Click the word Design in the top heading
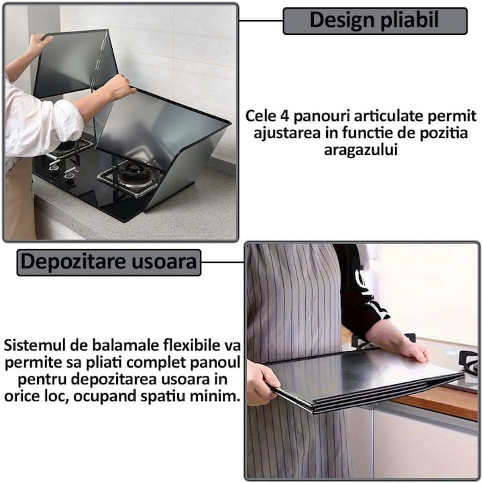click(x=342, y=21)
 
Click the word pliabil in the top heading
click(x=410, y=20)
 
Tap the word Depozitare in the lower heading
click(x=73, y=262)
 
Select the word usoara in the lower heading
click(x=164, y=262)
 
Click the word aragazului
click(x=361, y=150)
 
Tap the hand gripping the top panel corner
click(x=39, y=44)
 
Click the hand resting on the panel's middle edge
click(x=119, y=87)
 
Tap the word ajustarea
click(x=287, y=133)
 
